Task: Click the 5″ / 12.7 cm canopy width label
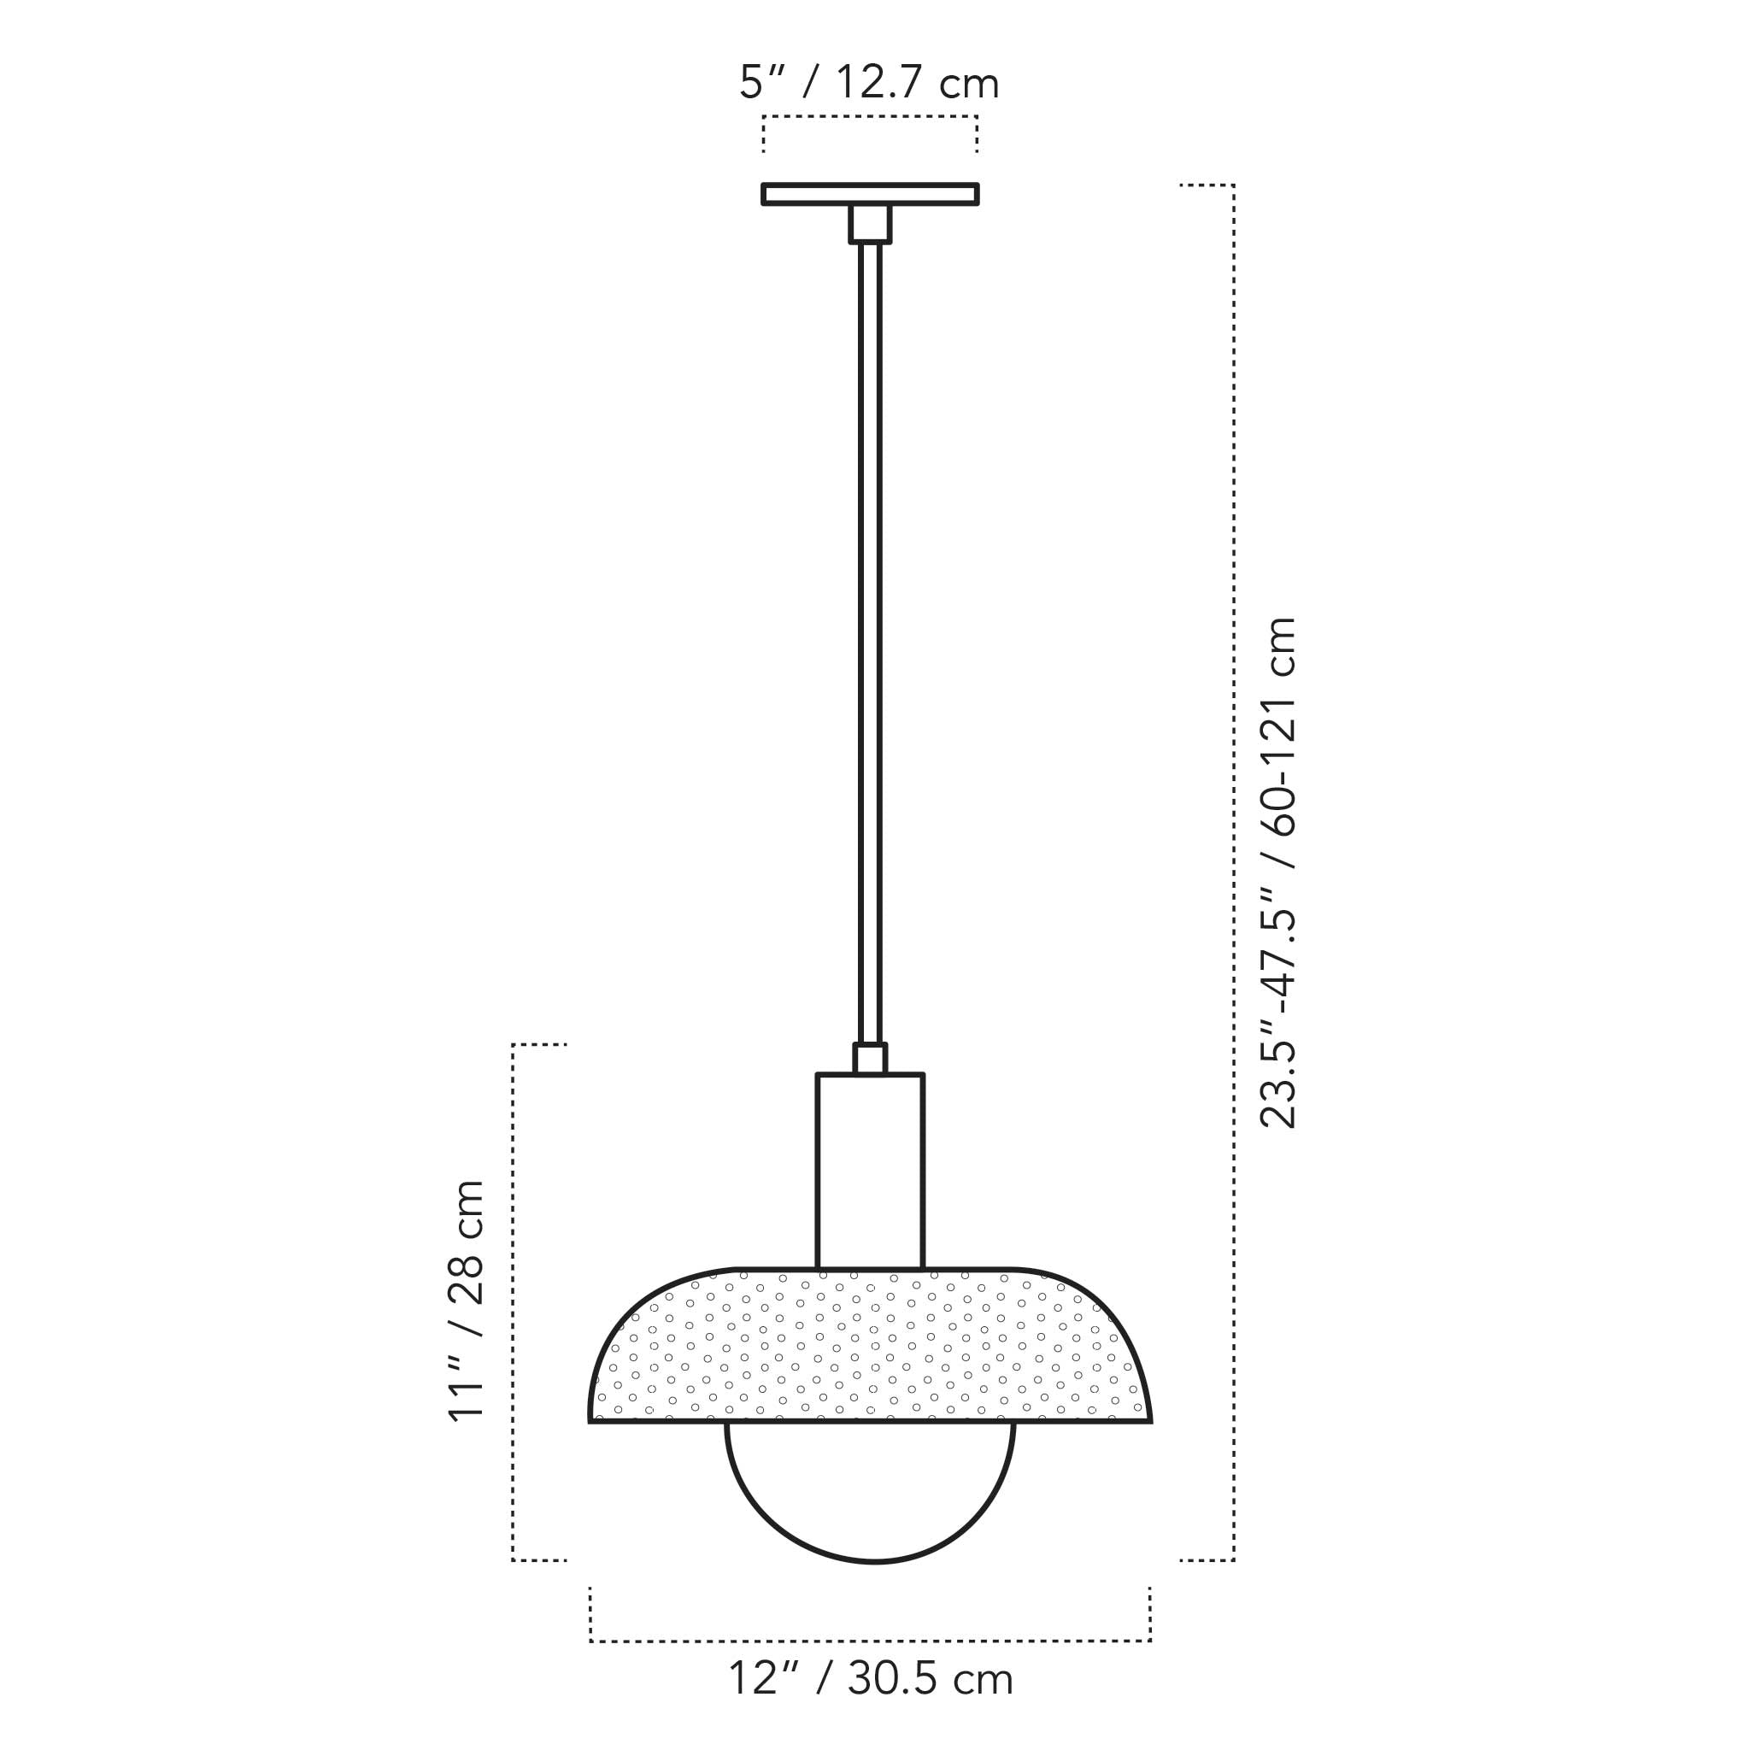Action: (x=869, y=84)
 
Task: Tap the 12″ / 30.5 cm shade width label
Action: (x=871, y=1679)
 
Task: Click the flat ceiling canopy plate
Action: (x=870, y=194)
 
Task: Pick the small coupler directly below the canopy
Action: (x=870, y=224)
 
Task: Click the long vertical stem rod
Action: (x=870, y=634)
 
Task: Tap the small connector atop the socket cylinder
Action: (x=870, y=1059)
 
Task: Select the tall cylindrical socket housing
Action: (x=870, y=1171)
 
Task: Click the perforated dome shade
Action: (x=870, y=1346)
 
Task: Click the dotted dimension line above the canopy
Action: (x=870, y=117)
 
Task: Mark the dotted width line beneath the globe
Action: (x=870, y=1641)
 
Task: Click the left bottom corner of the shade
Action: (x=590, y=1421)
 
